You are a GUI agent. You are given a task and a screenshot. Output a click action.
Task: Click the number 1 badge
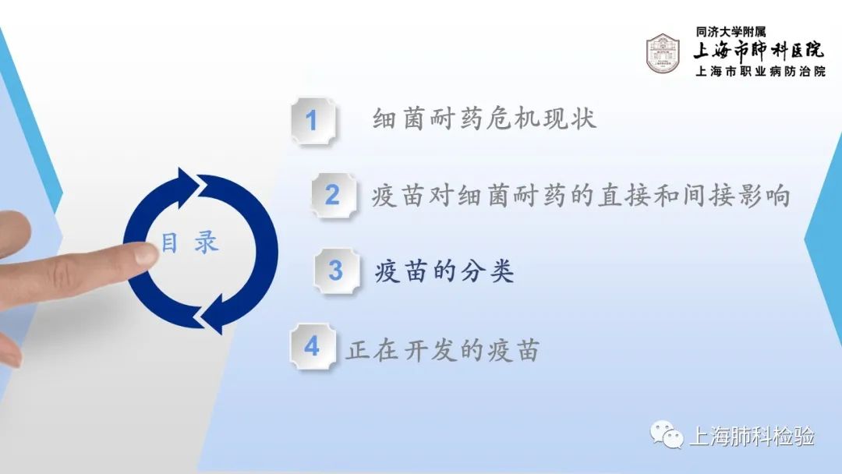click(313, 121)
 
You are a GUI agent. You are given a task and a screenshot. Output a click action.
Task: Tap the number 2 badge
click(334, 196)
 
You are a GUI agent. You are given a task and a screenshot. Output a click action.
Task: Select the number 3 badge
click(337, 271)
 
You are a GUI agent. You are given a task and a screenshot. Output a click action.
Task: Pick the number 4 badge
click(313, 346)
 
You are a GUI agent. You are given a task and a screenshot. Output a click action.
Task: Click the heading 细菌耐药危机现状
click(484, 118)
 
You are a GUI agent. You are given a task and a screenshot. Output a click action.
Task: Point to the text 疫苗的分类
click(444, 271)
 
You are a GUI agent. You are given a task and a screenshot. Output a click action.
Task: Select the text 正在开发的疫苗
click(443, 351)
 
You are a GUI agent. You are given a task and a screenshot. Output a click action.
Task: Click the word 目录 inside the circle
click(190, 242)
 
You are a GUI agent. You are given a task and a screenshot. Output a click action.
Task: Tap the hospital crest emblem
click(663, 54)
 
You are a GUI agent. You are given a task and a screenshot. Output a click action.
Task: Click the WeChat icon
click(667, 434)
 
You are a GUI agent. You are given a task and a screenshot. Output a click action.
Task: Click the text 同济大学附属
click(731, 32)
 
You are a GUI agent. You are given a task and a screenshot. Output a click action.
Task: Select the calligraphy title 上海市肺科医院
click(759, 51)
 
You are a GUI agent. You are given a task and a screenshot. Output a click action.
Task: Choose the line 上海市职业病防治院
click(760, 72)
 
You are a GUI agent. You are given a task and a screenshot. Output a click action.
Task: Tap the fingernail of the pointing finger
click(145, 253)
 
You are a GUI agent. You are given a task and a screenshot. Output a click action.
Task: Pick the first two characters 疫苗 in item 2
click(398, 196)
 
